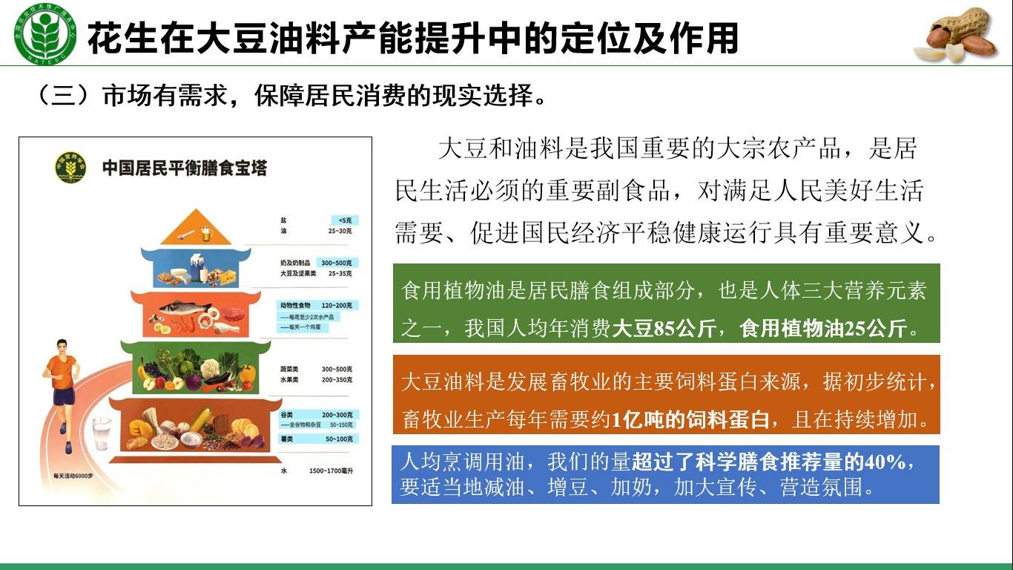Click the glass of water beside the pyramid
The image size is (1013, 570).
(x=102, y=433)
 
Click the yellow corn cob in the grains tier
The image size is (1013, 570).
(x=200, y=420)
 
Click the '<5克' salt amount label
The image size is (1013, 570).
(x=344, y=220)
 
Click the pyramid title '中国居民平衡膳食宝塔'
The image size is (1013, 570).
(x=184, y=168)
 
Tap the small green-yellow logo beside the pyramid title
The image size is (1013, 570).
(x=71, y=166)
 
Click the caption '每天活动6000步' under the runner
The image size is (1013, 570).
(x=72, y=476)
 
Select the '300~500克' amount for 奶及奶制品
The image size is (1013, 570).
(x=336, y=263)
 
